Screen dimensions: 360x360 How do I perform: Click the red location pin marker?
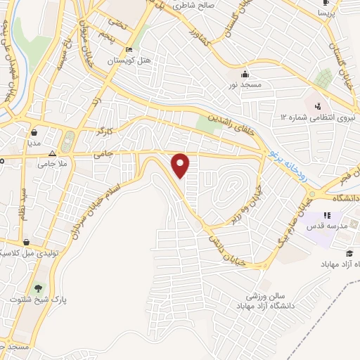tap(181, 165)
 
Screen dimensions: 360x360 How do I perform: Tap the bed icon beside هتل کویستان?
tap(128, 50)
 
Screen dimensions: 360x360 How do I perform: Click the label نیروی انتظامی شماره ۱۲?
tap(316, 117)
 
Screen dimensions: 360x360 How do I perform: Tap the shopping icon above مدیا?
tap(34, 131)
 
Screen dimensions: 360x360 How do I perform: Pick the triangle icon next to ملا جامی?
tap(52, 153)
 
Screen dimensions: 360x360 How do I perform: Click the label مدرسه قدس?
tap(323, 227)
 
